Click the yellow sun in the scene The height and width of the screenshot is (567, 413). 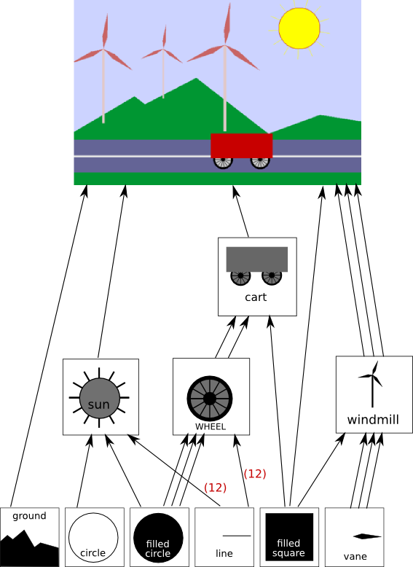coord(299,28)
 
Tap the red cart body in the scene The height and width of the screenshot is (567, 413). coord(241,146)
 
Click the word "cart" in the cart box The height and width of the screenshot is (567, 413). coord(256,297)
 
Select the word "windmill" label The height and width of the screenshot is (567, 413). coord(373,420)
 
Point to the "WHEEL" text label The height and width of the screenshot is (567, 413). coord(211,426)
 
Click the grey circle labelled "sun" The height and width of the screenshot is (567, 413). coord(99,398)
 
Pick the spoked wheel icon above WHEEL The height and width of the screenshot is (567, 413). coord(210,399)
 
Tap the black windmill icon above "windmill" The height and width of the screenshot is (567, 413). coord(371,384)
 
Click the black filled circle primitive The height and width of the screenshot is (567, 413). coord(158,538)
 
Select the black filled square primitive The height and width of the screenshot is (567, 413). coord(289,537)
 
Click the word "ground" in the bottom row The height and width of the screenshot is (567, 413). coord(29,516)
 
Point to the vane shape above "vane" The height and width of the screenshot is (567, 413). coord(367,536)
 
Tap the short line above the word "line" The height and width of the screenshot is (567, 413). coord(237,536)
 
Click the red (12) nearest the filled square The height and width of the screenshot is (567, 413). coord(255,474)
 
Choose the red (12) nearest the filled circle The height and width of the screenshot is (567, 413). coord(216,488)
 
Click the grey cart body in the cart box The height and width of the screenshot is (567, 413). coord(257,259)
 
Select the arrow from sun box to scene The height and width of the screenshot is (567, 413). coord(111,271)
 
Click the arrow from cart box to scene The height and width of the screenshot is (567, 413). coord(241,211)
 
